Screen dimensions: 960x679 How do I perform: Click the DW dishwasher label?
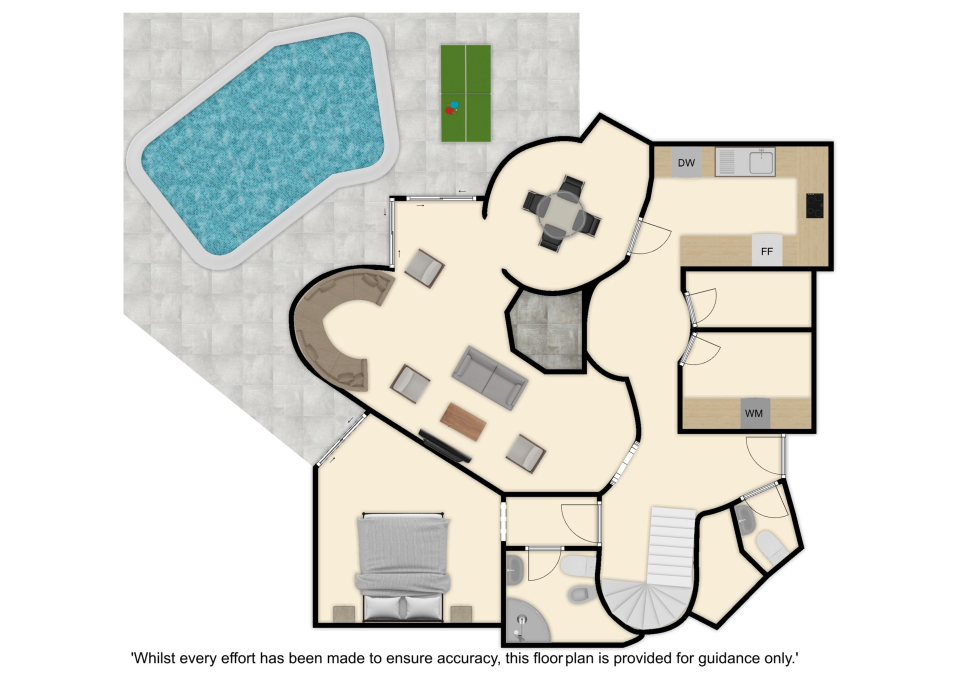(x=686, y=162)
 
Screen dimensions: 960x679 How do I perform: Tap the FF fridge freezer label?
(x=766, y=251)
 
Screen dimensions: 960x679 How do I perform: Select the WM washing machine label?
(x=753, y=413)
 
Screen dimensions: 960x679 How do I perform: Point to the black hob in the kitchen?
(x=814, y=205)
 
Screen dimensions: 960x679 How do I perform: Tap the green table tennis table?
(x=465, y=93)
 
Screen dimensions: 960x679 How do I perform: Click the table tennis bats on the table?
(x=452, y=108)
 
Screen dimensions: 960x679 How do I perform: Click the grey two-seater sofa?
(x=489, y=377)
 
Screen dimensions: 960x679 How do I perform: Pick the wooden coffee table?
(x=463, y=422)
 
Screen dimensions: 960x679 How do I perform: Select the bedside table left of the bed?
(x=344, y=614)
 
